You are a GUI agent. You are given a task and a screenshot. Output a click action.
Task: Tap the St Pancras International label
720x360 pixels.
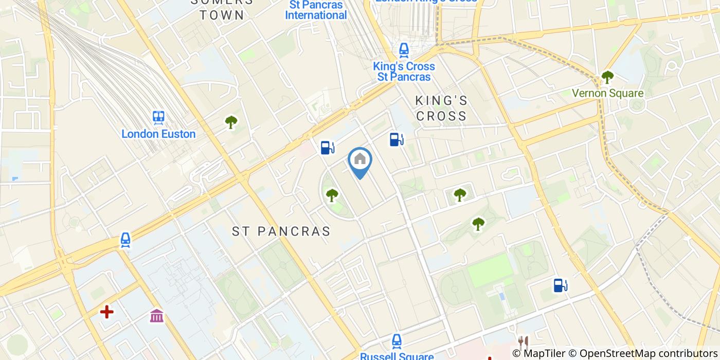click(x=316, y=10)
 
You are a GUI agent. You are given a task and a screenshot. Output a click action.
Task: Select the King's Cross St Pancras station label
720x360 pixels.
click(x=404, y=71)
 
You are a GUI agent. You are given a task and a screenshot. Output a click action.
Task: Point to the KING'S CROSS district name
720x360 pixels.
click(x=441, y=108)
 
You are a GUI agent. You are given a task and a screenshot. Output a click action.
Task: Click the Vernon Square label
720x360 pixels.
click(x=608, y=93)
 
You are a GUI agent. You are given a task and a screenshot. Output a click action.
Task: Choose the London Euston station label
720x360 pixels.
click(x=158, y=134)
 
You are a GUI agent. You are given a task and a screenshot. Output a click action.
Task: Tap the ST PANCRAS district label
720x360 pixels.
click(x=281, y=231)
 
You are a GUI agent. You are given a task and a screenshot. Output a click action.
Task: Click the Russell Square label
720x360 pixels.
click(x=397, y=356)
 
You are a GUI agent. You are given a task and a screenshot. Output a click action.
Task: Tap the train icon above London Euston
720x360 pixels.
click(x=158, y=117)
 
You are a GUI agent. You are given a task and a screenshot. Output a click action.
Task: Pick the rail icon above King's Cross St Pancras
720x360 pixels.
click(x=404, y=50)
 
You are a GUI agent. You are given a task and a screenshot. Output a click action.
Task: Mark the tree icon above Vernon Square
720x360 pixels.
click(x=608, y=77)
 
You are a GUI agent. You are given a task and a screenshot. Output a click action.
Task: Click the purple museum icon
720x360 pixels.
click(x=157, y=315)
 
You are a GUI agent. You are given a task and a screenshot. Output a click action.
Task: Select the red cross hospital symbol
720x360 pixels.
click(x=106, y=312)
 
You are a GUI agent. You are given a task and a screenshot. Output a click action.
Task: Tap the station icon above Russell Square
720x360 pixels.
click(x=397, y=340)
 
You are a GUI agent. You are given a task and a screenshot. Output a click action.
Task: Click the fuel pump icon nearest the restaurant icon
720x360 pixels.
click(x=560, y=285)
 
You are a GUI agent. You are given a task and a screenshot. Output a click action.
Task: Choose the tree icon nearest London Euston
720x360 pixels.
click(x=231, y=122)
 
